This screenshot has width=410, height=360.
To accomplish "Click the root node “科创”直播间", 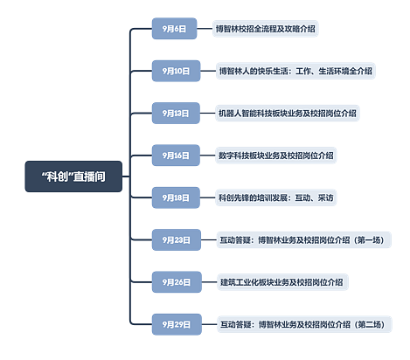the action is [73, 177].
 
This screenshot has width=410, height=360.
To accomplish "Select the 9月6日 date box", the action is [174, 29].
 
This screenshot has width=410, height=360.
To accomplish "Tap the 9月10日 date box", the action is [176, 71].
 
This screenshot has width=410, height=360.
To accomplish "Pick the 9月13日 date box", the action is [176, 113].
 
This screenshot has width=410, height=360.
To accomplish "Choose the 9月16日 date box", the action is [176, 156].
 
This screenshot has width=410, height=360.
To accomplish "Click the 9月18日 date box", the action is [176, 197].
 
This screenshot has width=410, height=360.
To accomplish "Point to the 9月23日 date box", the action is [177, 240].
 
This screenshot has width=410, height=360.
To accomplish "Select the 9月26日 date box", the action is [177, 282].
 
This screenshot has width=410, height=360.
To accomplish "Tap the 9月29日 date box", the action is [177, 324].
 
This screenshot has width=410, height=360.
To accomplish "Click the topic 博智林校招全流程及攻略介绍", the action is [265, 29].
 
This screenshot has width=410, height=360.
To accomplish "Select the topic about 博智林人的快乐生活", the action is [295, 71].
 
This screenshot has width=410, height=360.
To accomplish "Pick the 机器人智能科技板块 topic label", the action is [288, 113].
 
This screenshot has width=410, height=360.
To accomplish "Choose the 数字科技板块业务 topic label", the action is [276, 156].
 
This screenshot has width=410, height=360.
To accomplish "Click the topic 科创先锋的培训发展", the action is [276, 197].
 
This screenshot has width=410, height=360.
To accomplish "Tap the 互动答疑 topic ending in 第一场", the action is [303, 240].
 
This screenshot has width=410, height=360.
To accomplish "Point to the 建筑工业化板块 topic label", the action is [282, 282].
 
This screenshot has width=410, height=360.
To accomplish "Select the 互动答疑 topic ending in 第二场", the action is [304, 324].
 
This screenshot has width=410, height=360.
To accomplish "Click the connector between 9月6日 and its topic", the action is [205, 29].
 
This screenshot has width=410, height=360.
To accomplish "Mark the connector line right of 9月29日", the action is [209, 324].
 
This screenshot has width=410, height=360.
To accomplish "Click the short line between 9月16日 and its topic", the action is [207, 156].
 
